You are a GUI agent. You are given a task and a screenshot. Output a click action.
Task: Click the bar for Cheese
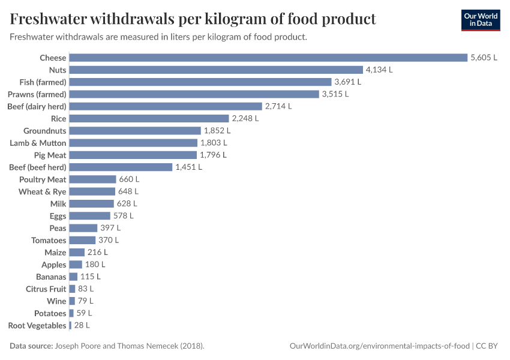268,58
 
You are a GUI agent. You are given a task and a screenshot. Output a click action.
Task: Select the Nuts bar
216,70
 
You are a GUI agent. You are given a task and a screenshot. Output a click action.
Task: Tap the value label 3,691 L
349,82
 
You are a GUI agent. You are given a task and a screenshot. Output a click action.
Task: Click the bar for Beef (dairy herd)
166,106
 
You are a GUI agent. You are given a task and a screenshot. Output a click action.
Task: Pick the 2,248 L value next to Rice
245,118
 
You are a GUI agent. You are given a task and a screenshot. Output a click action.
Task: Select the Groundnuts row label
44,131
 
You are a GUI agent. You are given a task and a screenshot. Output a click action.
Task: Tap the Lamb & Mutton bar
133,143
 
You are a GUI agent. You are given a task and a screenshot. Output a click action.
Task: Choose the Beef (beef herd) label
38,167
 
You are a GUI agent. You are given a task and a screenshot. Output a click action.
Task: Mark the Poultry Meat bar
92,179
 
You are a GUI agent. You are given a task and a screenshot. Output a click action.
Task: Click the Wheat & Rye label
42,191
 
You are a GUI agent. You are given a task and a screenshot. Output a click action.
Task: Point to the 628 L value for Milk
127,203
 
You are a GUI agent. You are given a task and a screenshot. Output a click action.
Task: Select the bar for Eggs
90,216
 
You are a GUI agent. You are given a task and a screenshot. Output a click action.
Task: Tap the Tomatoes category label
49,240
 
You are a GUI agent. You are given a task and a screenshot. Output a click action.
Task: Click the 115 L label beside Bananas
91,277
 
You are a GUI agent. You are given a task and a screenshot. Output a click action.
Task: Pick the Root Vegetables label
37,325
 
